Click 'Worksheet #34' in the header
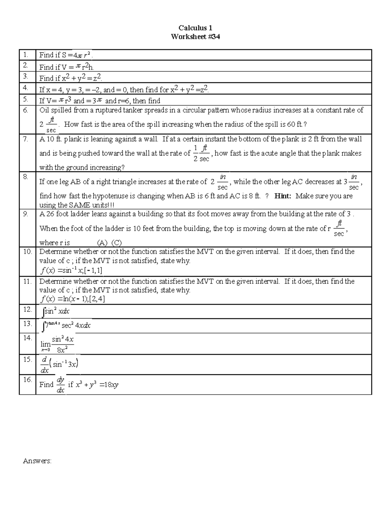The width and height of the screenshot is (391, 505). coord(195,37)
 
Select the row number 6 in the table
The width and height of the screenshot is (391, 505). coord(26,110)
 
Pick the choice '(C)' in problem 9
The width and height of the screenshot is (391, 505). coord(116,243)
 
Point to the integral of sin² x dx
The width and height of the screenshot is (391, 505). coord(56,312)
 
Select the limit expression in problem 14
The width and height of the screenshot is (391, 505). coord(57,344)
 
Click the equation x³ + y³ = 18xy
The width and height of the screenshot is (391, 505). coord(97,385)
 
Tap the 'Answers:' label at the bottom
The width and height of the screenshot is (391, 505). coord(37,461)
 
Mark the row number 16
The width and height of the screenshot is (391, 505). coord(27,379)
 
